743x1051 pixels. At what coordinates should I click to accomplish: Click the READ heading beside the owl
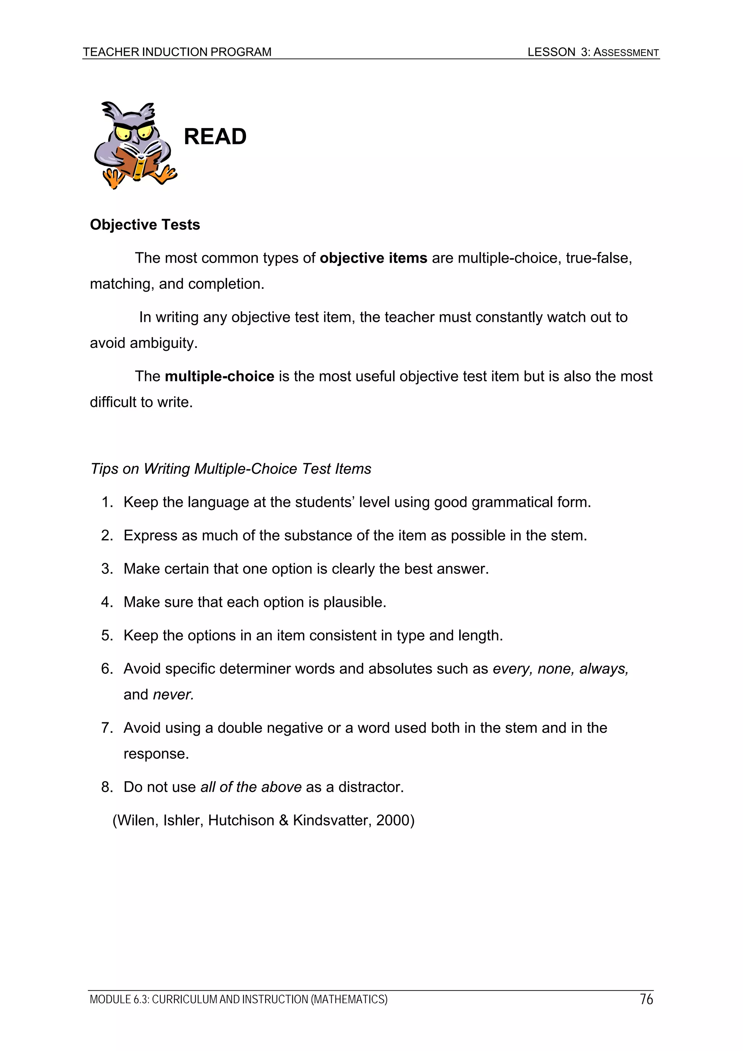pyautogui.click(x=215, y=136)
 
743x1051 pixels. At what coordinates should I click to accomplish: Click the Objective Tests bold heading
pyautogui.click(x=145, y=225)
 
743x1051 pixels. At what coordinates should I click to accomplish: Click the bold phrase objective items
pyautogui.click(x=373, y=258)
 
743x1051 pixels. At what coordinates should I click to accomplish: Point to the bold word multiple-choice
pyautogui.click(x=219, y=376)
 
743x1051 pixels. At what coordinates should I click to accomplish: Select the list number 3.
pyautogui.click(x=107, y=569)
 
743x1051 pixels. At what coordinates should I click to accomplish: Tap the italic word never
pyautogui.click(x=173, y=695)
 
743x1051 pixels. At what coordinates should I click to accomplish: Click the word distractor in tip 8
pyautogui.click(x=371, y=787)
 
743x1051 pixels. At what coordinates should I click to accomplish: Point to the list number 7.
pyautogui.click(x=107, y=728)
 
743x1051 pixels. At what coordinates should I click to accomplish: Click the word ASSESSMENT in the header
pyautogui.click(x=626, y=53)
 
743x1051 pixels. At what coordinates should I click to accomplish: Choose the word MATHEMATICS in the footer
pyautogui.click(x=349, y=999)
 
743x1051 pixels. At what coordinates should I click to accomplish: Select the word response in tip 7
pyautogui.click(x=156, y=754)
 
